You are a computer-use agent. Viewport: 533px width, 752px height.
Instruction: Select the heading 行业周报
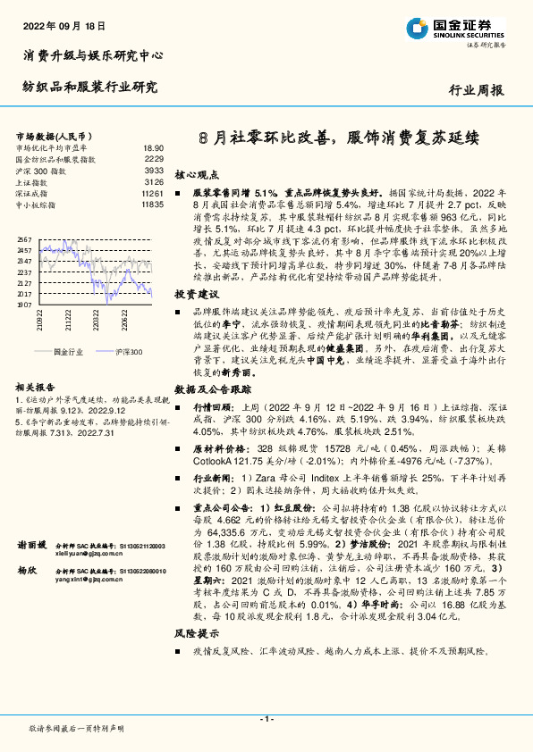pyautogui.click(x=475, y=89)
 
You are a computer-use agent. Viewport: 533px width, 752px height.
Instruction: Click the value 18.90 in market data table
pyautogui.click(x=153, y=147)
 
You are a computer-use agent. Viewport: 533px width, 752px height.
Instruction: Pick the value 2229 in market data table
pyautogui.click(x=154, y=158)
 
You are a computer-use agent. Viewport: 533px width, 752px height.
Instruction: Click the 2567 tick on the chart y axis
pyautogui.click(x=24, y=240)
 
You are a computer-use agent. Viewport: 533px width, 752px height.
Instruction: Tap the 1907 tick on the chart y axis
pyautogui.click(x=24, y=305)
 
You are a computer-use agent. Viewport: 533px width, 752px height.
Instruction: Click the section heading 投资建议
pyautogui.click(x=196, y=294)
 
